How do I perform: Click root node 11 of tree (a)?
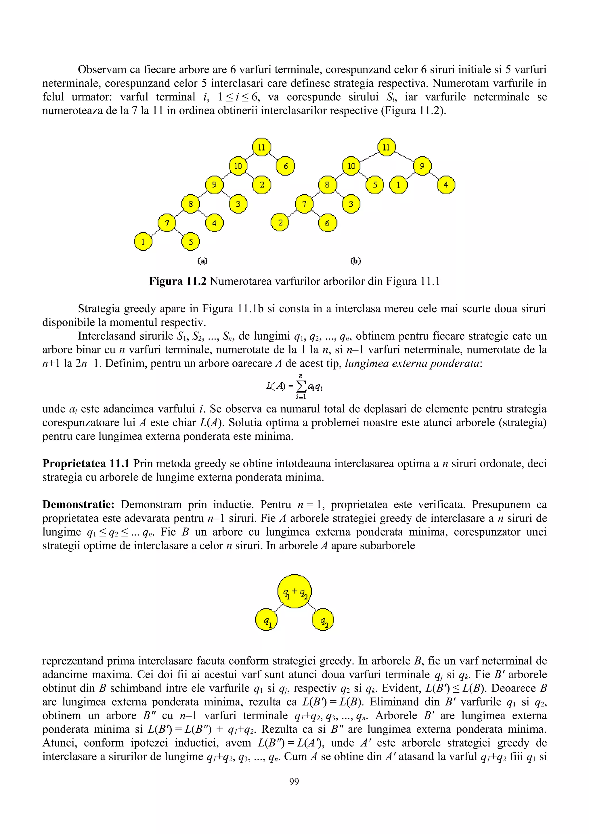pyautogui.click(x=261, y=147)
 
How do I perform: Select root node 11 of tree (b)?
pyautogui.click(x=386, y=147)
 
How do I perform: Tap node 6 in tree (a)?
pyautogui.click(x=285, y=166)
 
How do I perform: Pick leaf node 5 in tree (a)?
pyautogui.click(x=190, y=241)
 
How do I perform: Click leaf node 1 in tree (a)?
pyautogui.click(x=143, y=241)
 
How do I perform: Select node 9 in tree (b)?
pyautogui.click(x=422, y=166)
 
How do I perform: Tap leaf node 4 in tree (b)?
pyautogui.click(x=446, y=185)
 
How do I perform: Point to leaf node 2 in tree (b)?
pyautogui.click(x=280, y=223)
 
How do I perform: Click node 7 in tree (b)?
pyautogui.click(x=304, y=204)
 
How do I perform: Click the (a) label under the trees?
pyautogui.click(x=202, y=261)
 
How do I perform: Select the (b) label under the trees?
pyautogui.click(x=356, y=261)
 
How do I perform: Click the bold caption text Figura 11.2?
pyautogui.click(x=177, y=281)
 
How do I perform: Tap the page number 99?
pyautogui.click(x=294, y=782)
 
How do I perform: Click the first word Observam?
pyautogui.click(x=102, y=70)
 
